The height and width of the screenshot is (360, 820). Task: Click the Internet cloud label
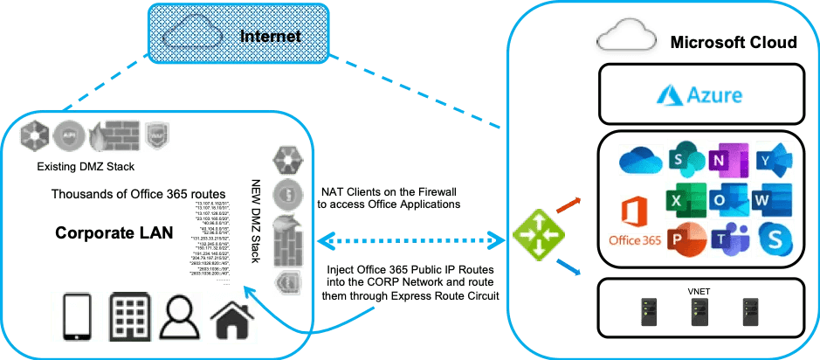[271, 37]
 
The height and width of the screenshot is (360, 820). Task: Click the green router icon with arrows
[536, 236]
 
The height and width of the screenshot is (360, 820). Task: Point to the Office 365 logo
[636, 223]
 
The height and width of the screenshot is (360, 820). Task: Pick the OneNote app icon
[728, 160]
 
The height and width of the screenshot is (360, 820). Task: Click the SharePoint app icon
[685, 160]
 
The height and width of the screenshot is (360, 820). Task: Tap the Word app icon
[772, 200]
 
